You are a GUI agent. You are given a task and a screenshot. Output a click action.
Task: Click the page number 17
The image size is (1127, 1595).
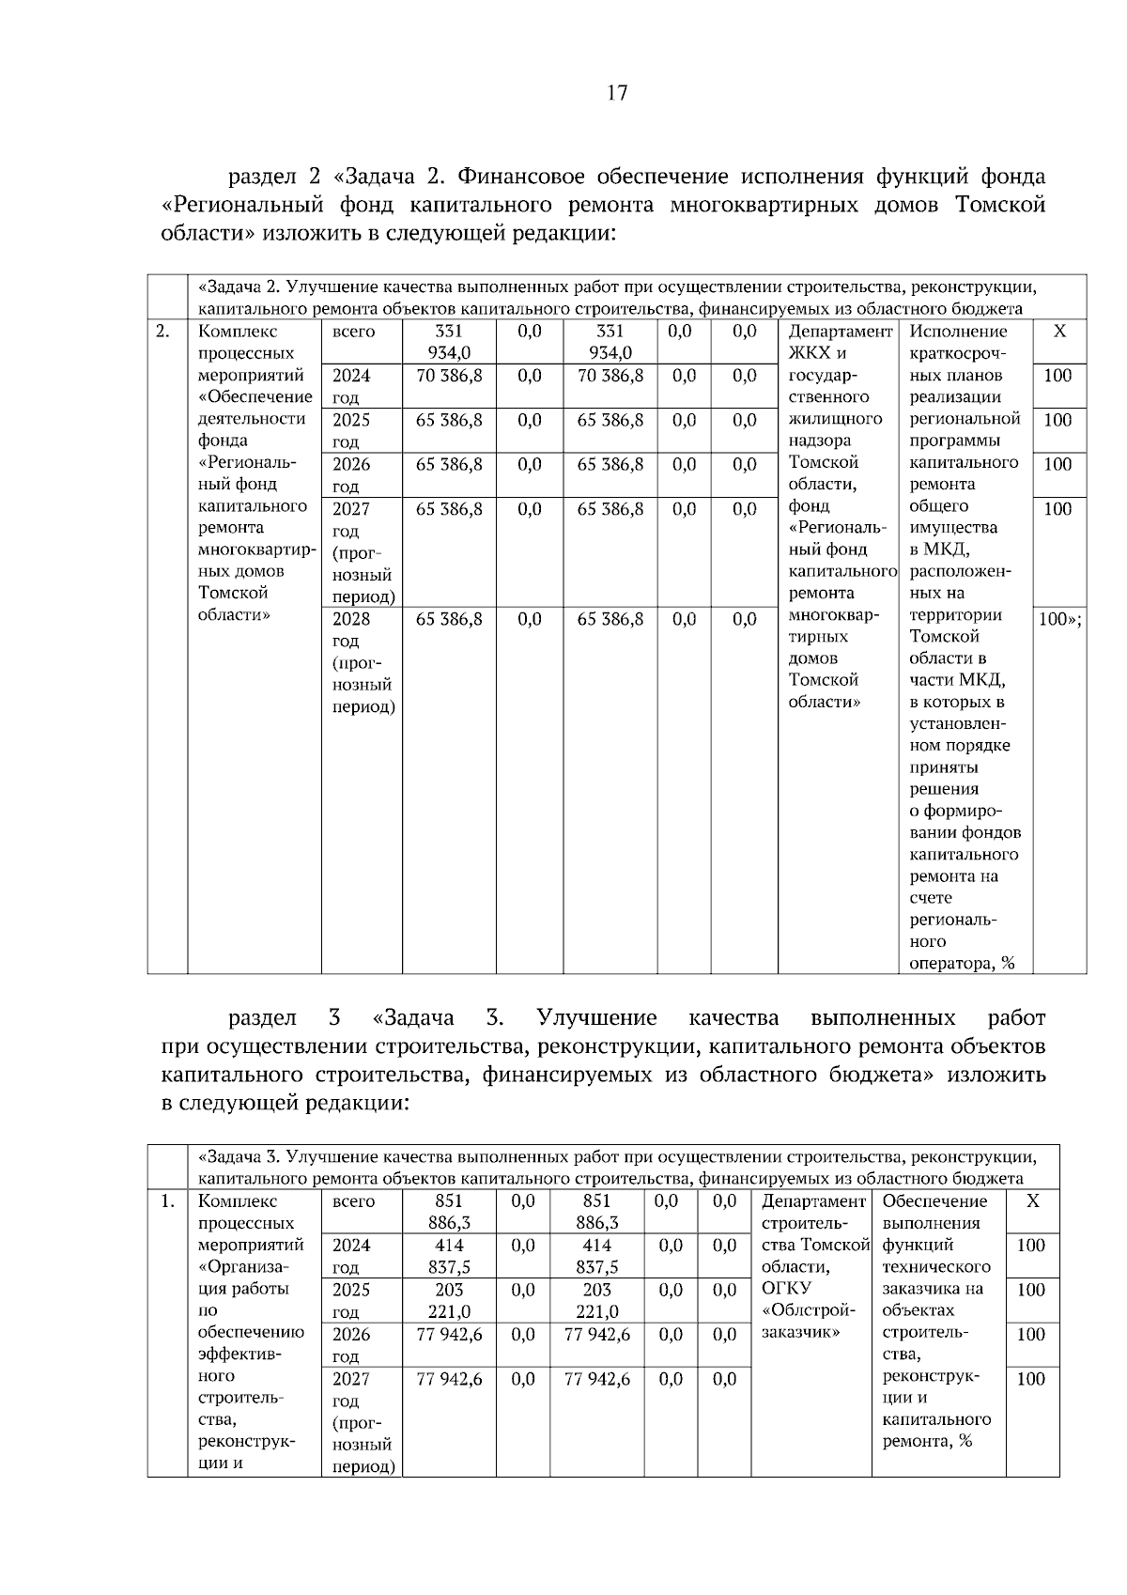617,93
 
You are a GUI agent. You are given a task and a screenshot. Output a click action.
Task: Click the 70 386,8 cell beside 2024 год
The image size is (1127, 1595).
449,376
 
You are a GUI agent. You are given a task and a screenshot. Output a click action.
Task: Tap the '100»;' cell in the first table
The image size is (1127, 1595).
1059,619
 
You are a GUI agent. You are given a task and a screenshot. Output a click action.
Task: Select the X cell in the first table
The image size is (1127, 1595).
1059,332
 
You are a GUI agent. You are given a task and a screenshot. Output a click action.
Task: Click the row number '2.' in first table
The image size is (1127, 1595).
162,332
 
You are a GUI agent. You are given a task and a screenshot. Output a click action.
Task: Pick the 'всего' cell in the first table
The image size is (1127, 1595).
353,332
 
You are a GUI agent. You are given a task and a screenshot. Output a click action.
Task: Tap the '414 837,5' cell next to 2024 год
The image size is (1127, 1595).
449,1256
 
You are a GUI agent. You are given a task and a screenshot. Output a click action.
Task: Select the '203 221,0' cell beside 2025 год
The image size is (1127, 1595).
449,1300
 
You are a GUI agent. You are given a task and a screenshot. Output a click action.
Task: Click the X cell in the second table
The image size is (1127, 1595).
1032,1201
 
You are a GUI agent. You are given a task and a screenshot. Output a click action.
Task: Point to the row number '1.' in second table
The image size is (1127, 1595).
167,1201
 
